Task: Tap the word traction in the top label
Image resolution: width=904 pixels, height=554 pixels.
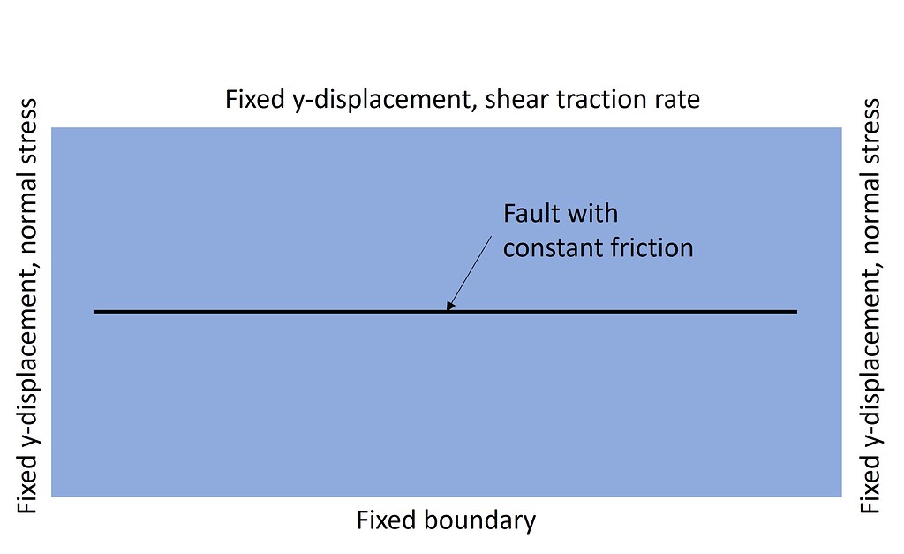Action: pyautogui.click(x=595, y=99)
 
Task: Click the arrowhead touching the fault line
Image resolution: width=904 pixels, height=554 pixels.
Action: pyautogui.click(x=449, y=307)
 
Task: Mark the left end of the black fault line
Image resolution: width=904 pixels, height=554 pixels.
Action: pyautogui.click(x=94, y=311)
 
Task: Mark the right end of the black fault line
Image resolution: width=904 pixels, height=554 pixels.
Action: pyautogui.click(x=796, y=311)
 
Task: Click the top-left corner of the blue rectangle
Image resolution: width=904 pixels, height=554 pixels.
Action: pyautogui.click(x=53, y=129)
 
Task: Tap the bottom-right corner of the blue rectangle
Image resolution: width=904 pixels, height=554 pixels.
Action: pyautogui.click(x=840, y=496)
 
